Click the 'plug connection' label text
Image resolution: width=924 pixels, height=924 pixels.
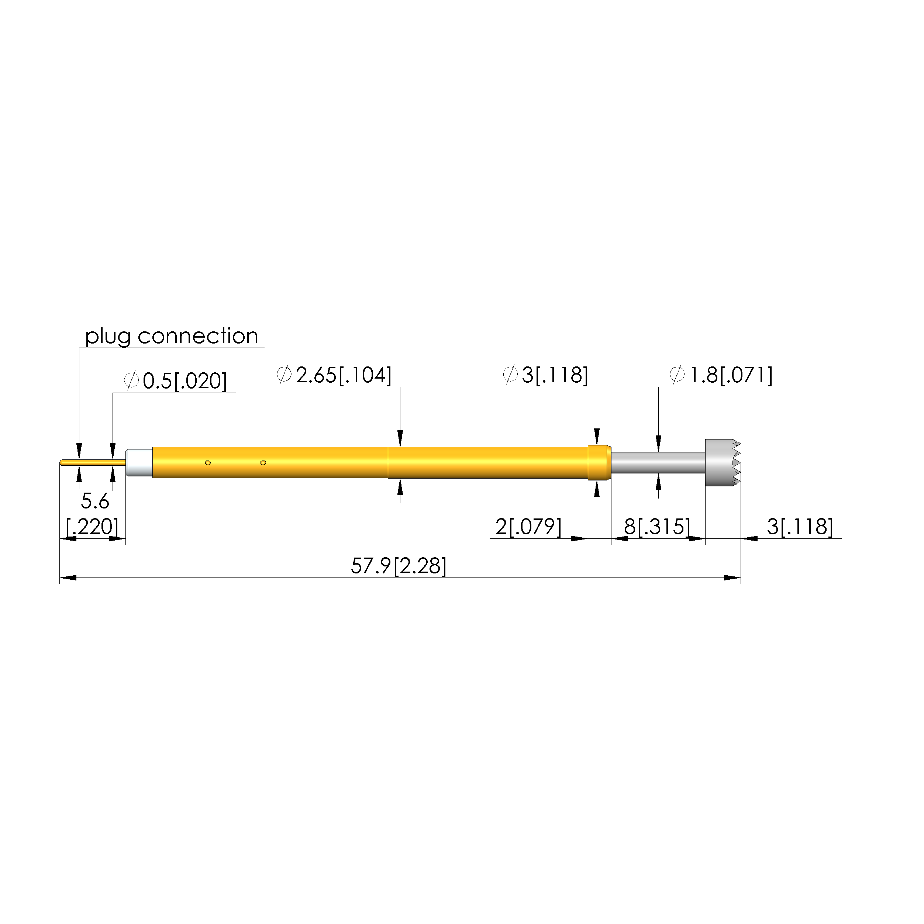171,337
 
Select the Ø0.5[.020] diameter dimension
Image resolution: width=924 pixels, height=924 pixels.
175,381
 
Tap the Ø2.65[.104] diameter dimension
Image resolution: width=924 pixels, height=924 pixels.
334,375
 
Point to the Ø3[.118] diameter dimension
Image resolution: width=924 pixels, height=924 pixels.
545,375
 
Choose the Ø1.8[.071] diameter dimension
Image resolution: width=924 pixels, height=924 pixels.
721,375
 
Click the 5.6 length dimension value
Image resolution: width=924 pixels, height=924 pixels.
95,501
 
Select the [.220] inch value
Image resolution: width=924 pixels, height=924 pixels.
92,527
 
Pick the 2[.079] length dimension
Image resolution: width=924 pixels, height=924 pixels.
528,527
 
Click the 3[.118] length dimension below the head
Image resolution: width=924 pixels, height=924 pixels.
800,527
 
